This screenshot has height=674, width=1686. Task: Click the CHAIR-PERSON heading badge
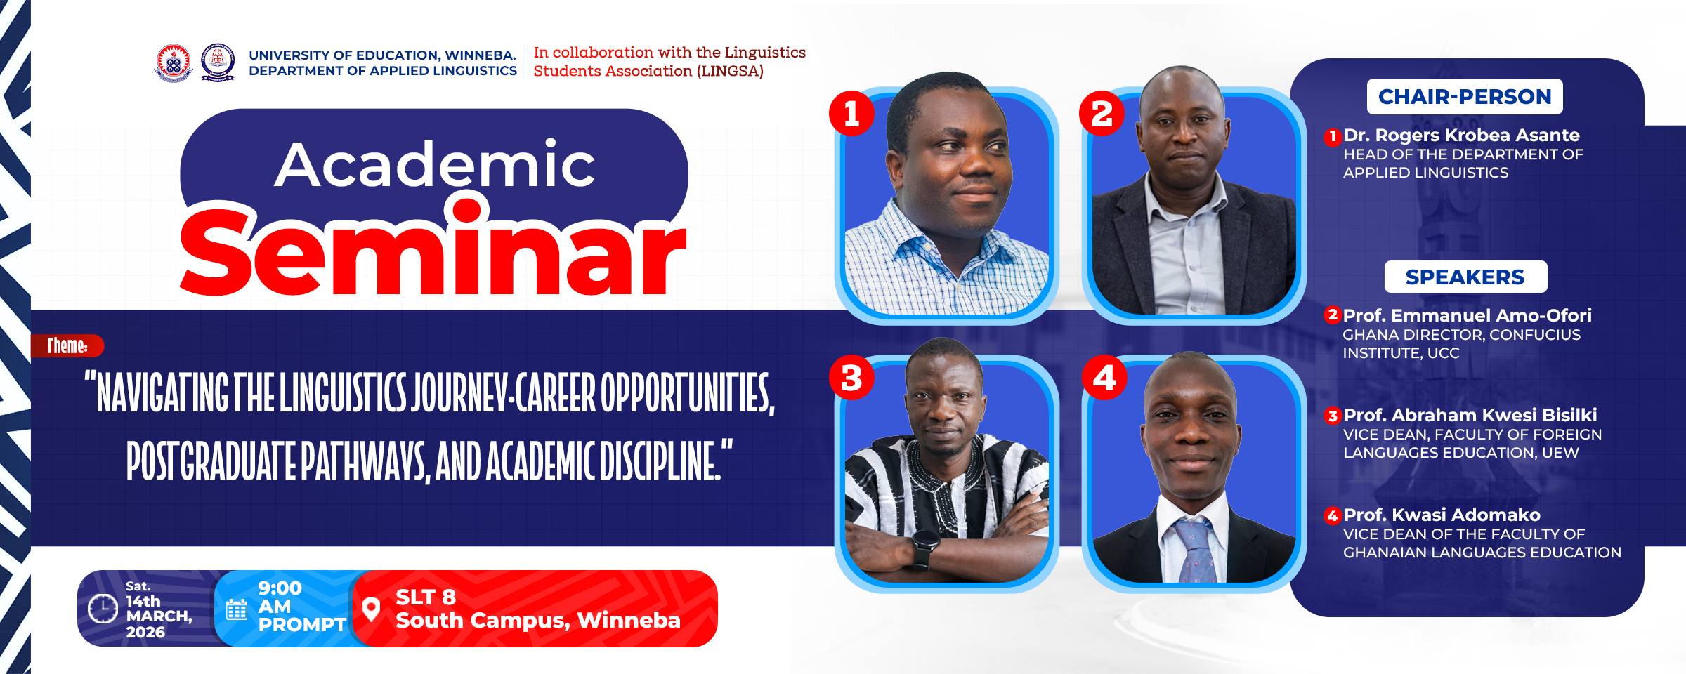[1464, 96]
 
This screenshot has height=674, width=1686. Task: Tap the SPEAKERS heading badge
[1465, 277]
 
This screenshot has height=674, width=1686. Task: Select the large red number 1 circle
[851, 113]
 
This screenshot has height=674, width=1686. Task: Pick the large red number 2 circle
[1102, 113]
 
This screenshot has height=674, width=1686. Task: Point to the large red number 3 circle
[851, 378]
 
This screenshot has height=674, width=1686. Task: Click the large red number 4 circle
[1104, 378]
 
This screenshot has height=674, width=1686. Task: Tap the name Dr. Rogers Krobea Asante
[1461, 135]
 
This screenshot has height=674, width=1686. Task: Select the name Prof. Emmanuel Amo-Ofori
[1467, 315]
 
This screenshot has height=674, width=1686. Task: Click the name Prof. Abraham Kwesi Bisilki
[1470, 415]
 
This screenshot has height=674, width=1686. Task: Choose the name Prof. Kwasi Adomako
[1442, 515]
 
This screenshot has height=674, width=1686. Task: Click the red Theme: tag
[67, 345]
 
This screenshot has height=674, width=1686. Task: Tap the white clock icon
[103, 608]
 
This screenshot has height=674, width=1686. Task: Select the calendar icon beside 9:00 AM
[237, 609]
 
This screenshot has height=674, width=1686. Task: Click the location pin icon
[371, 609]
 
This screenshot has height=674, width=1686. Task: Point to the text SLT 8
[426, 597]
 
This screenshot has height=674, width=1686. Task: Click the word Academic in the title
[434, 165]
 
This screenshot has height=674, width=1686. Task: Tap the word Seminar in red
[433, 253]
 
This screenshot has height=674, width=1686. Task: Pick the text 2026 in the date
[145, 632]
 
